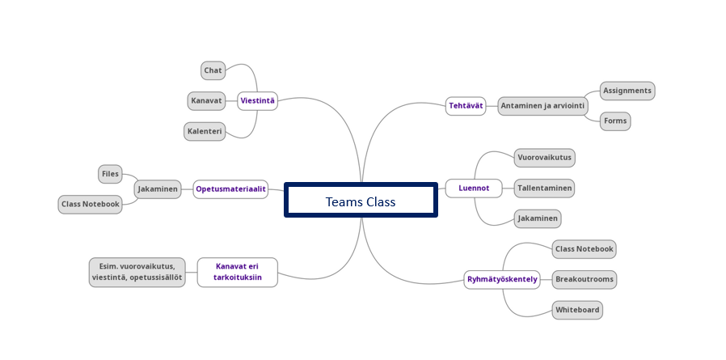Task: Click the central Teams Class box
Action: (361, 201)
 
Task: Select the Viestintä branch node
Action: (258, 101)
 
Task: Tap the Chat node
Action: (213, 70)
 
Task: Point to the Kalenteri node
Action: (205, 131)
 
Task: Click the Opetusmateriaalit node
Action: (230, 189)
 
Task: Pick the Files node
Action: (110, 173)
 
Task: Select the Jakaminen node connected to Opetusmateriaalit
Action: (158, 189)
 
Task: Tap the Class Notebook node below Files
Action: (91, 204)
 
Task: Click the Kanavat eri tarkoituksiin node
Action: (238, 272)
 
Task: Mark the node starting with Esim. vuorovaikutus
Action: (137, 272)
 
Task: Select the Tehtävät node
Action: (466, 105)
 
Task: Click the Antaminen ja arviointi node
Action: (543, 105)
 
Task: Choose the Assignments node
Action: (627, 91)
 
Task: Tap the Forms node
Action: (614, 121)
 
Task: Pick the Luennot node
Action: (473, 188)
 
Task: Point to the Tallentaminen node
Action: (545, 188)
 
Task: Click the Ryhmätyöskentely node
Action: (502, 280)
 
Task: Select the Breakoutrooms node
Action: (585, 279)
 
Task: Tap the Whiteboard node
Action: (578, 310)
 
